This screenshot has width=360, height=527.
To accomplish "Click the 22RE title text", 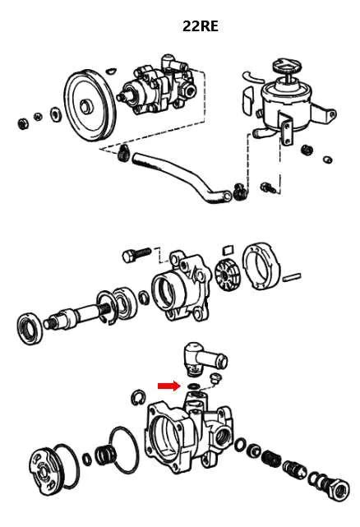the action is click(x=201, y=25).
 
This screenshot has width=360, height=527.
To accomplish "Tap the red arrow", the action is click(x=169, y=386).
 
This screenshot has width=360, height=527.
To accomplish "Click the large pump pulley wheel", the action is click(x=90, y=105).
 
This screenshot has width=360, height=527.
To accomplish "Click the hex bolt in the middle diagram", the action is click(x=136, y=255).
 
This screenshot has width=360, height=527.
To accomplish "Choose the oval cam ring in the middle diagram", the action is click(x=262, y=267).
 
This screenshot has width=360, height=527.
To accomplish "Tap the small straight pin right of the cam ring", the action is click(x=292, y=277).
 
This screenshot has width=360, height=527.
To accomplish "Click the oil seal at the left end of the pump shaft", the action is click(x=30, y=328).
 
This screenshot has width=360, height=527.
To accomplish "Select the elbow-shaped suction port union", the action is click(x=205, y=359).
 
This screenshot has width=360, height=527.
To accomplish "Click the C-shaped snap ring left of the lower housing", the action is click(x=138, y=397).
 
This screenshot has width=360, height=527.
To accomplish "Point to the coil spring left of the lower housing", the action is click(x=105, y=455).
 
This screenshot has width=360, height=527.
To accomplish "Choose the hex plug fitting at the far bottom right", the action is click(x=338, y=488).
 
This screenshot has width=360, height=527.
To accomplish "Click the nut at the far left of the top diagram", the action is click(x=23, y=123).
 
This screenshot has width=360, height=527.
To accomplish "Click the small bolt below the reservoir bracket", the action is click(x=268, y=187).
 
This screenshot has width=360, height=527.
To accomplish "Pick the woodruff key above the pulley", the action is click(x=111, y=71).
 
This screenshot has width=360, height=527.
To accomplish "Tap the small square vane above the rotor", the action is click(x=228, y=249).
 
